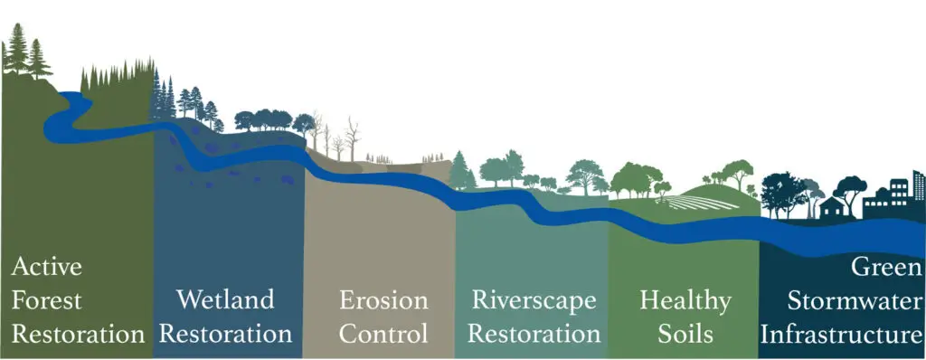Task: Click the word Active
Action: pyautogui.click(x=47, y=267)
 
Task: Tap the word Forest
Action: pyautogui.click(x=47, y=300)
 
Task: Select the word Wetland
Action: pyautogui.click(x=224, y=299)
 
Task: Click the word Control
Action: pyautogui.click(x=382, y=334)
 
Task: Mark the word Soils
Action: pyautogui.click(x=685, y=334)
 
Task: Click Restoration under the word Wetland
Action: pyautogui.click(x=224, y=334)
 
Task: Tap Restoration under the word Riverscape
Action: pyautogui.click(x=533, y=334)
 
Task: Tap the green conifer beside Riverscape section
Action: pyautogui.click(x=461, y=169)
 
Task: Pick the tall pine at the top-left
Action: pyautogui.click(x=17, y=50)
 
